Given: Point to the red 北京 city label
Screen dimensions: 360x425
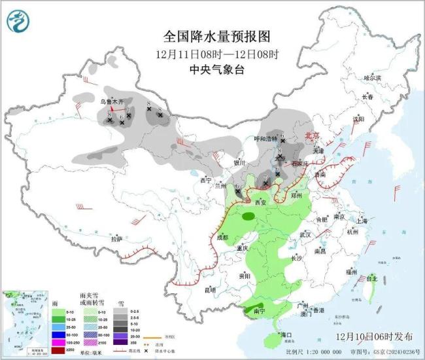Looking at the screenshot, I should point(313,135).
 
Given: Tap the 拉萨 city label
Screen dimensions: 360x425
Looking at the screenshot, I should point(116,239).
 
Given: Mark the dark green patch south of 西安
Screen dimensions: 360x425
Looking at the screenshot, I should point(248,215).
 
